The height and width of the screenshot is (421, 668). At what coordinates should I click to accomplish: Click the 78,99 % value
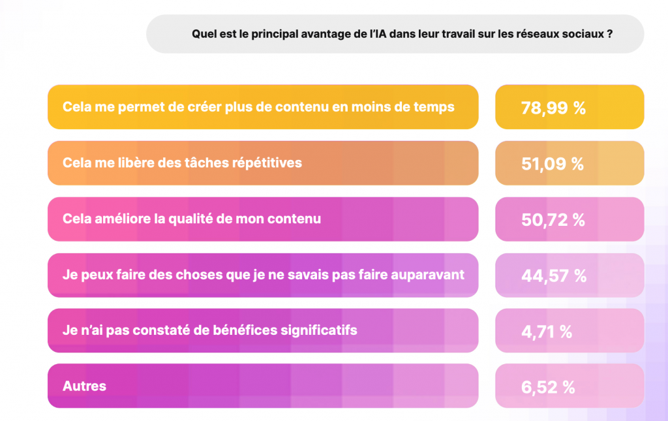(553, 108)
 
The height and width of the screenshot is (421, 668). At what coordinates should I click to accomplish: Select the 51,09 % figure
(553, 164)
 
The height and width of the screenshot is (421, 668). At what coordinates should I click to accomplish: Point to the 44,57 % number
(554, 276)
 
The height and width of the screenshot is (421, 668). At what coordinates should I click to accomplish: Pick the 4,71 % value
(547, 332)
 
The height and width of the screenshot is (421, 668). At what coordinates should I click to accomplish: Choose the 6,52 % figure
(548, 387)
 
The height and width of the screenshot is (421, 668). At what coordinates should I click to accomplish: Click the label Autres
(84, 386)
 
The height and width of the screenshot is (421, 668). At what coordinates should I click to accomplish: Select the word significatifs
(316, 330)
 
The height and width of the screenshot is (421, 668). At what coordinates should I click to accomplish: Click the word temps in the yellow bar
(434, 106)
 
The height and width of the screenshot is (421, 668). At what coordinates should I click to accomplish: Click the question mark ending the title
(609, 35)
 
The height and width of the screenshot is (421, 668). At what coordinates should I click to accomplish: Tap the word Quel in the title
(203, 35)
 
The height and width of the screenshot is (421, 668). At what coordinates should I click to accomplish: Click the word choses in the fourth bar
(196, 275)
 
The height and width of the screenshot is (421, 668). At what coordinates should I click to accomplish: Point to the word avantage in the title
(324, 35)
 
